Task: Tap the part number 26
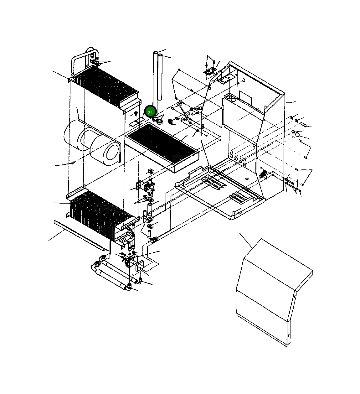pyautogui.click(x=179, y=103)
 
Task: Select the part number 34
pyautogui.click(x=191, y=114)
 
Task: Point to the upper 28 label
pyautogui.click(x=199, y=108)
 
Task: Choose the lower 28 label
pyautogui.click(x=184, y=119)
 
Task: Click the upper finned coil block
pyautogui.click(x=107, y=86)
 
